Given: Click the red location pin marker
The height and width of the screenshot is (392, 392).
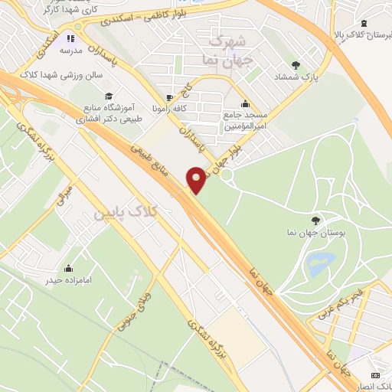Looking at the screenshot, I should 198,180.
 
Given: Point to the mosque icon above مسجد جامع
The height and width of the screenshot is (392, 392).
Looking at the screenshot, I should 244,104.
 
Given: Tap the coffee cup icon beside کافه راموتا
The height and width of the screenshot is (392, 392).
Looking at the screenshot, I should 169,97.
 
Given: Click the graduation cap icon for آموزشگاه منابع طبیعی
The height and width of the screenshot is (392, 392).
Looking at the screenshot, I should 109,96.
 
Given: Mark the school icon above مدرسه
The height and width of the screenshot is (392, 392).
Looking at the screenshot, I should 70,38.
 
